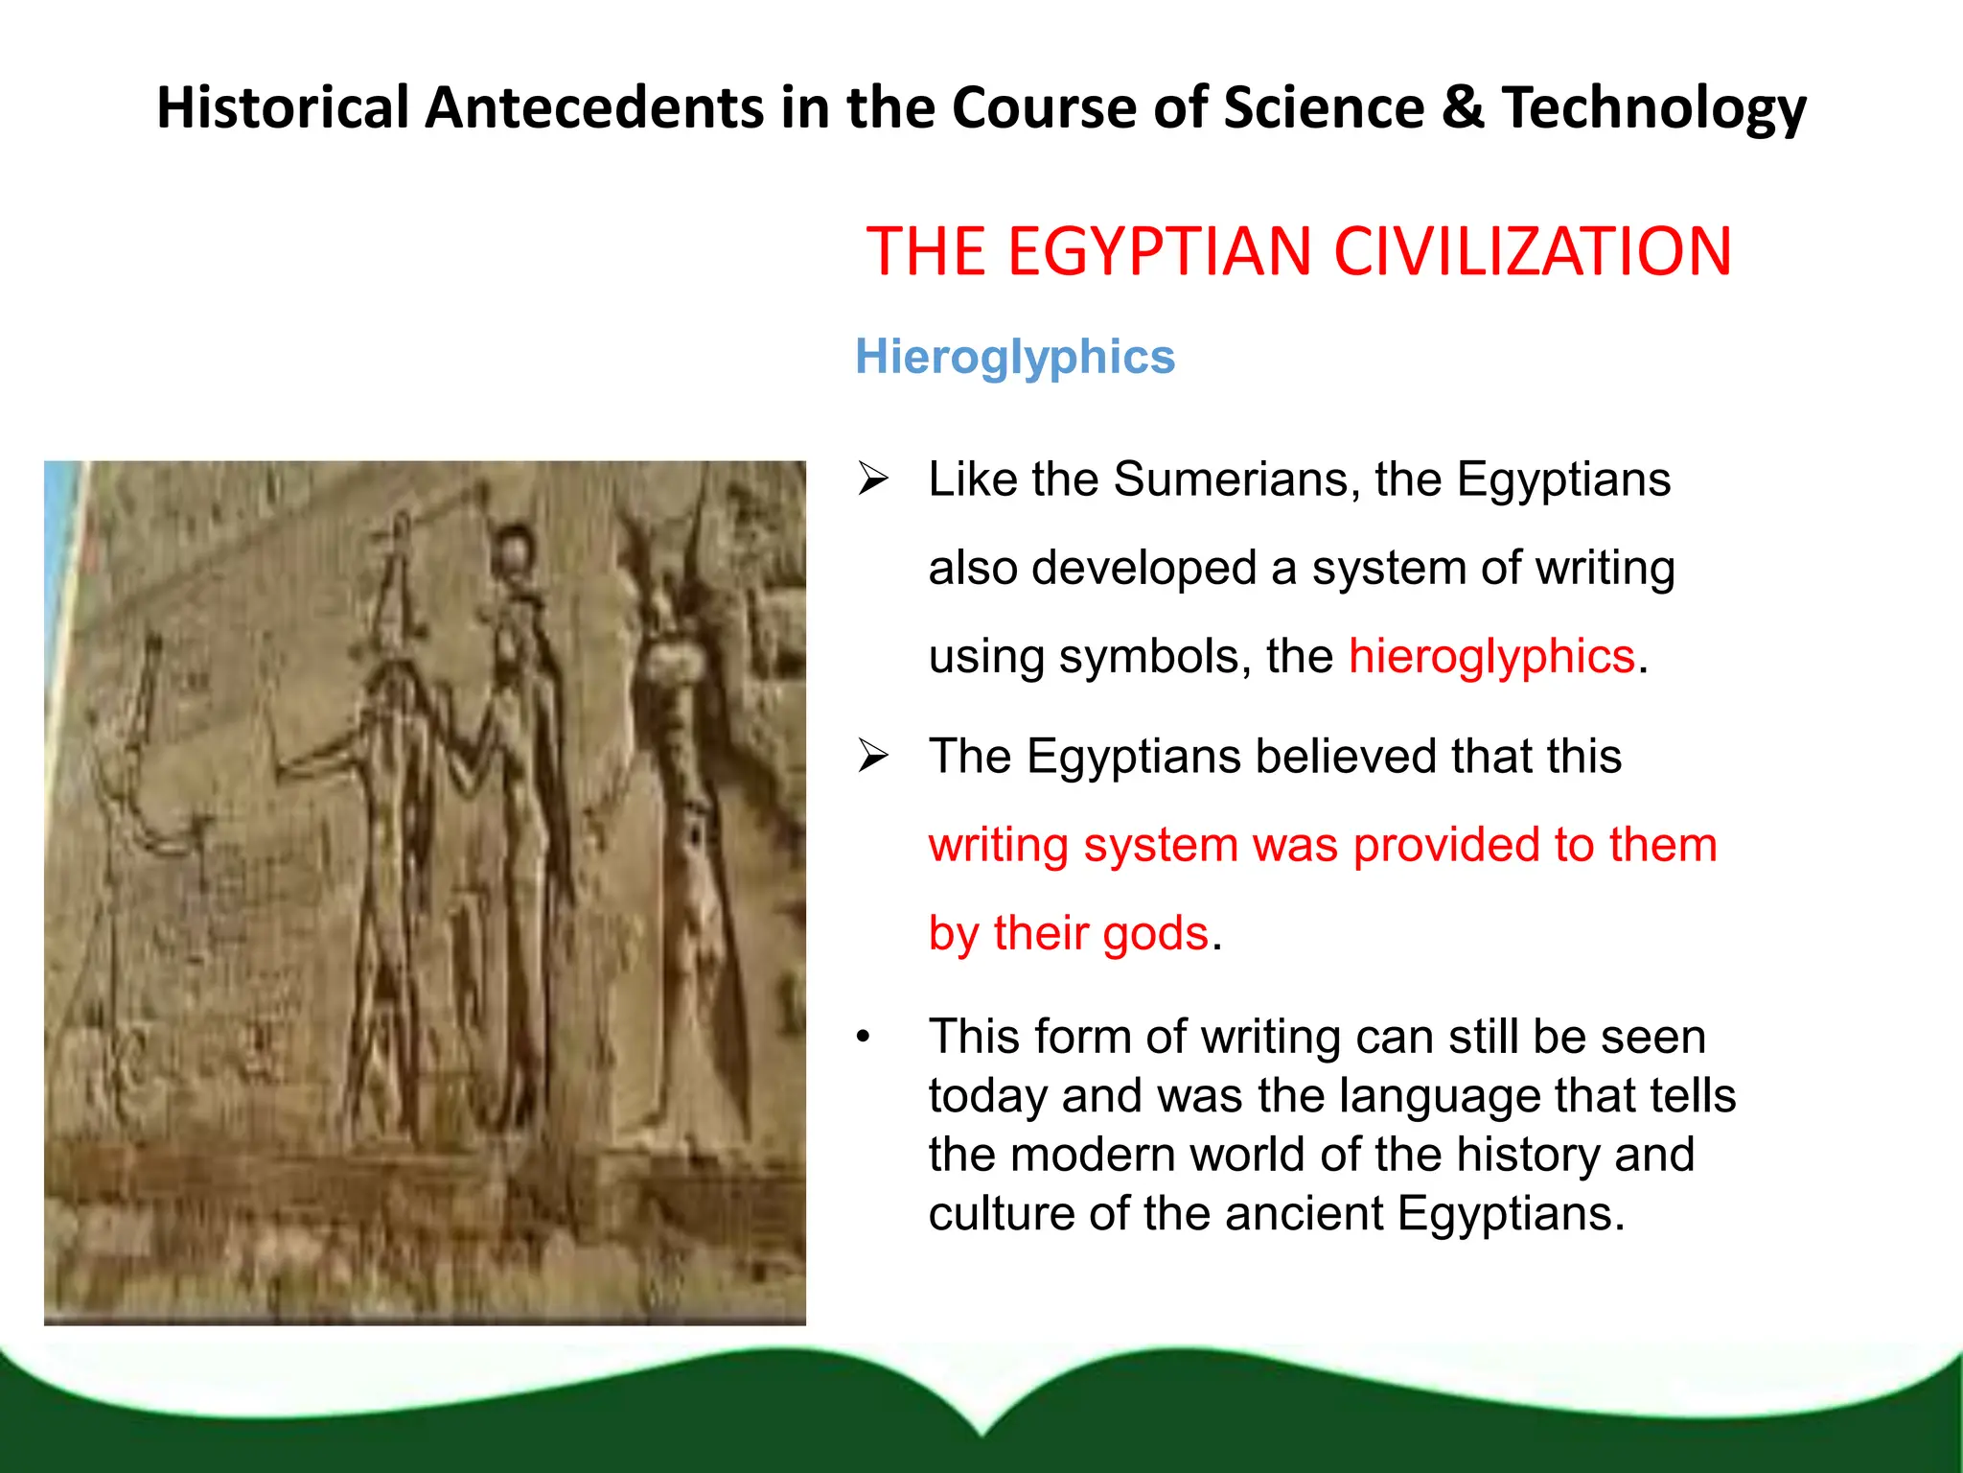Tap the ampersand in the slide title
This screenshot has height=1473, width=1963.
(1463, 107)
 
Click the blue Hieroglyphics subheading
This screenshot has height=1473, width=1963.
(1014, 358)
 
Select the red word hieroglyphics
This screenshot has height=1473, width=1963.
(1490, 657)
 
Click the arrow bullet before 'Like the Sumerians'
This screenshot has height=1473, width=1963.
(873, 479)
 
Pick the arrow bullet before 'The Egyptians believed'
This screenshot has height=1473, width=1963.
(873, 757)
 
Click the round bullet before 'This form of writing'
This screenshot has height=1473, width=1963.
(864, 1038)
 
